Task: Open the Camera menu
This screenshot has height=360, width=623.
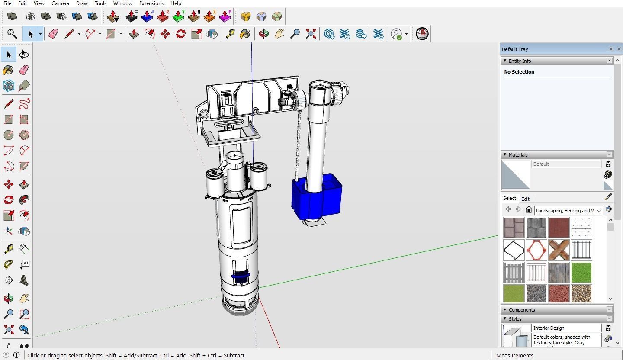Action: click(60, 3)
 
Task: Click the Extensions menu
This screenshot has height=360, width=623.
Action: click(151, 3)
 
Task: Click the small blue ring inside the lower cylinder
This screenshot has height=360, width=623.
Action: click(241, 276)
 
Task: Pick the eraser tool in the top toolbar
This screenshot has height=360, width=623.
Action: click(53, 34)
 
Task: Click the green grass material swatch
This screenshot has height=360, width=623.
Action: click(581, 273)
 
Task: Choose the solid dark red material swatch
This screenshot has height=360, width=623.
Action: click(559, 228)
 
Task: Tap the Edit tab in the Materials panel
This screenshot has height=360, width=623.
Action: click(525, 199)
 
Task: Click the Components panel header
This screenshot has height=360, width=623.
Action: click(522, 310)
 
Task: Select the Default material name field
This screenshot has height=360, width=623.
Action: click(566, 164)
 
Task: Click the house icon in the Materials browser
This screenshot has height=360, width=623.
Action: click(528, 210)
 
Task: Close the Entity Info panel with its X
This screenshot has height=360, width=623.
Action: click(610, 61)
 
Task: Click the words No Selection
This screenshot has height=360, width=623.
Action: click(519, 72)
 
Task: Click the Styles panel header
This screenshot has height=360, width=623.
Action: click(515, 319)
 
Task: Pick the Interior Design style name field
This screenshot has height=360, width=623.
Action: click(566, 328)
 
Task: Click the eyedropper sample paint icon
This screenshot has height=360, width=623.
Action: click(608, 197)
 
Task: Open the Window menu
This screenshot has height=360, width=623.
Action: click(122, 3)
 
